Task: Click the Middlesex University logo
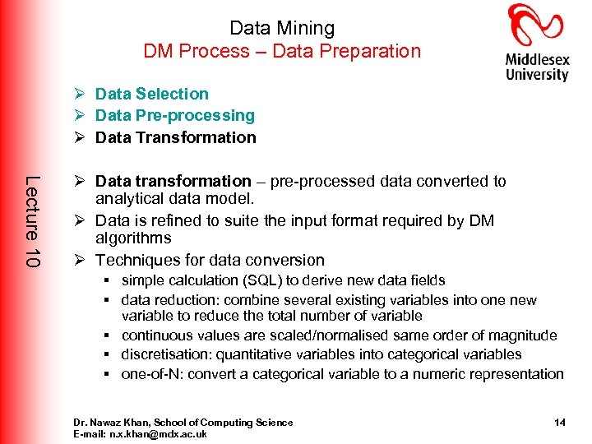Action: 537,43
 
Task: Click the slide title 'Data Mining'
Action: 282,28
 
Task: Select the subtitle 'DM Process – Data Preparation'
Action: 282,51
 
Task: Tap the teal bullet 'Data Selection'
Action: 152,94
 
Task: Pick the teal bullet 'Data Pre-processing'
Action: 175,116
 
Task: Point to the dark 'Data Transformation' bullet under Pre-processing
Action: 176,137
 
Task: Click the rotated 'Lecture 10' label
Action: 31,221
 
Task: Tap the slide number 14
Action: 559,423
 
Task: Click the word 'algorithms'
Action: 133,238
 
